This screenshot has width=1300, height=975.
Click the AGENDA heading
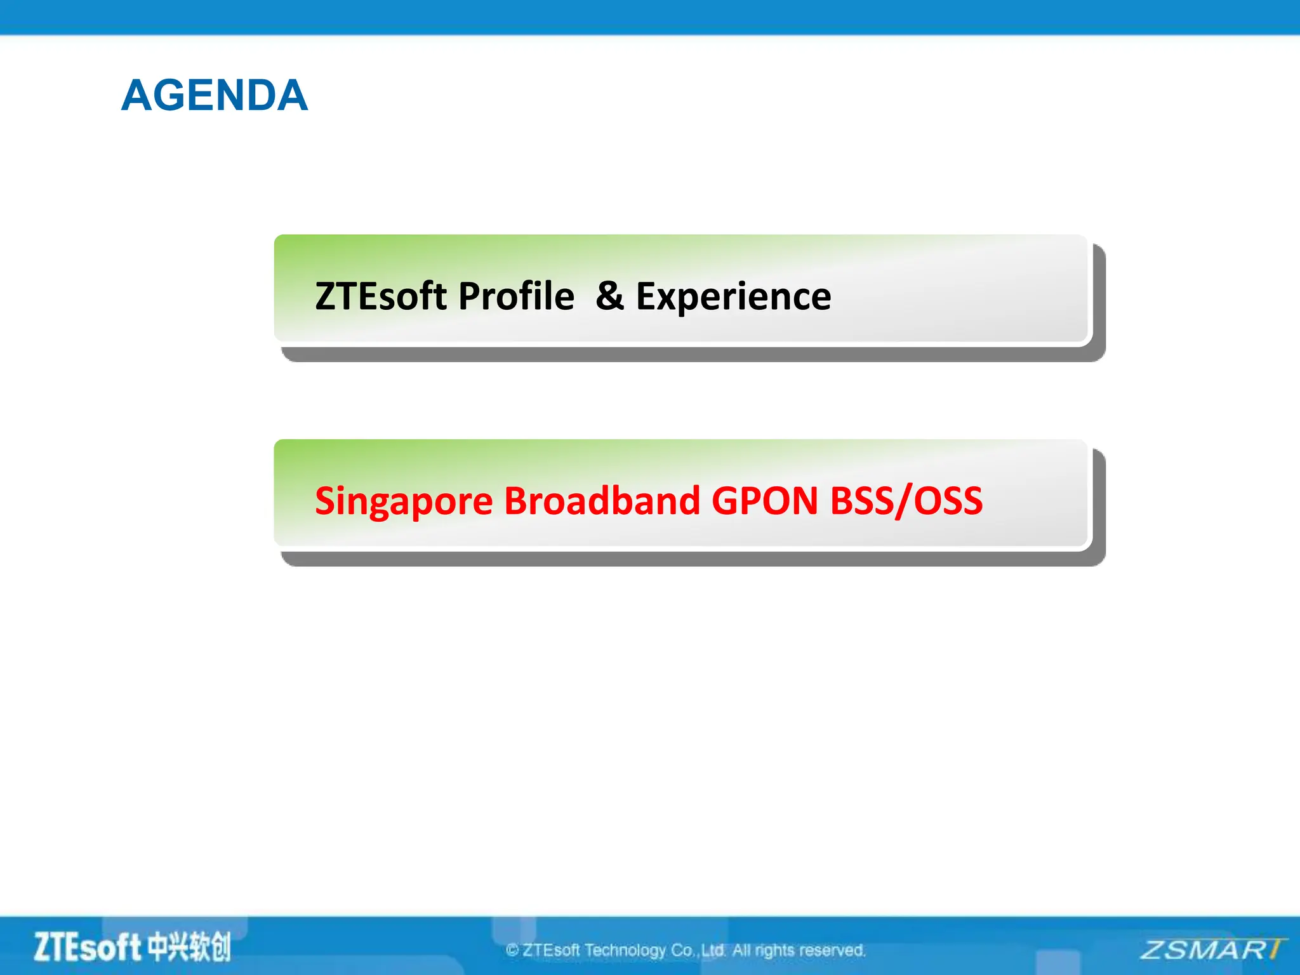tap(215, 96)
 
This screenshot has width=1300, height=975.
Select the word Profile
tap(516, 296)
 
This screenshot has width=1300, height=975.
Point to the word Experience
tap(733, 296)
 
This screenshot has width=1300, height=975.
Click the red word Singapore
tap(404, 501)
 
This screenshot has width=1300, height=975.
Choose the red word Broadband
tap(602, 501)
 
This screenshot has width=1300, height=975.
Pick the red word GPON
tap(765, 501)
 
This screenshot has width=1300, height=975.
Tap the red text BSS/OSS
tap(906, 501)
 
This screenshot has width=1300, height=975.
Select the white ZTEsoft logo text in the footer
tap(87, 947)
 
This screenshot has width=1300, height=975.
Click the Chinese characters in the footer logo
tap(189, 947)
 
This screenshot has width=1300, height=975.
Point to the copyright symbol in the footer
tap(512, 950)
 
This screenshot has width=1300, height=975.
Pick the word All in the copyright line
tap(741, 950)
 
